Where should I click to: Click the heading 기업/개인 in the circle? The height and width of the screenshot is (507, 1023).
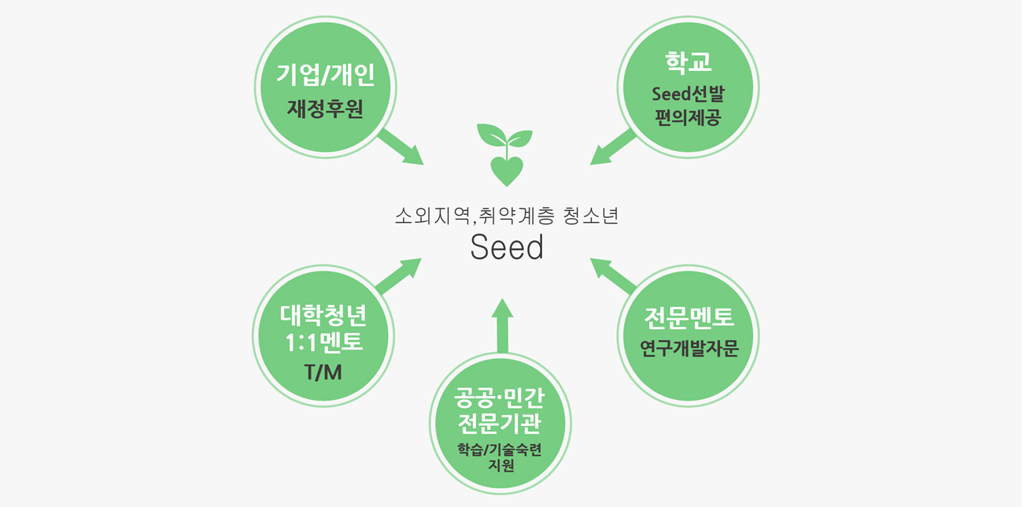point(325,76)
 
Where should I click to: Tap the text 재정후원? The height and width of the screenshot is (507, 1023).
point(325,109)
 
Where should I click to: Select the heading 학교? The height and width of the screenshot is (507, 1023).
point(688,62)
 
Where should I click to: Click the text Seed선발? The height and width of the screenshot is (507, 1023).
point(688,94)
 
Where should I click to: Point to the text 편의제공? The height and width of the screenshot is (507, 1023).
point(688,118)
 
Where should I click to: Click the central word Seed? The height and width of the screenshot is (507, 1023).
point(507,248)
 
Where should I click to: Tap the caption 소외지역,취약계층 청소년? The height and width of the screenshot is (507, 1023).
point(507,216)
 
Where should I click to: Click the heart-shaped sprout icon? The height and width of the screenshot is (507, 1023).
point(506,154)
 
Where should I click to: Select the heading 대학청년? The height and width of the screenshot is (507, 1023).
point(323,315)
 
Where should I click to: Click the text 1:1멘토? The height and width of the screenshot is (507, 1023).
point(323,342)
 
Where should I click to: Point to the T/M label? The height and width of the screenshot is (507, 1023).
point(323,372)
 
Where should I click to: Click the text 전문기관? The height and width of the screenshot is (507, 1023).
point(500,424)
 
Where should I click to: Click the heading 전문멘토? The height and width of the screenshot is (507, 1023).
point(689,317)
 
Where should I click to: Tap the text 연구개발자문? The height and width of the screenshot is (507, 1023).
point(689,348)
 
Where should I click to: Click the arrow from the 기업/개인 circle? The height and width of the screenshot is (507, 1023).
point(401,147)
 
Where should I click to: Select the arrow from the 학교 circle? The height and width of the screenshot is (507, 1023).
point(612,147)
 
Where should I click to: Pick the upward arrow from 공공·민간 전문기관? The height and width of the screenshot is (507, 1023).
point(502,324)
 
